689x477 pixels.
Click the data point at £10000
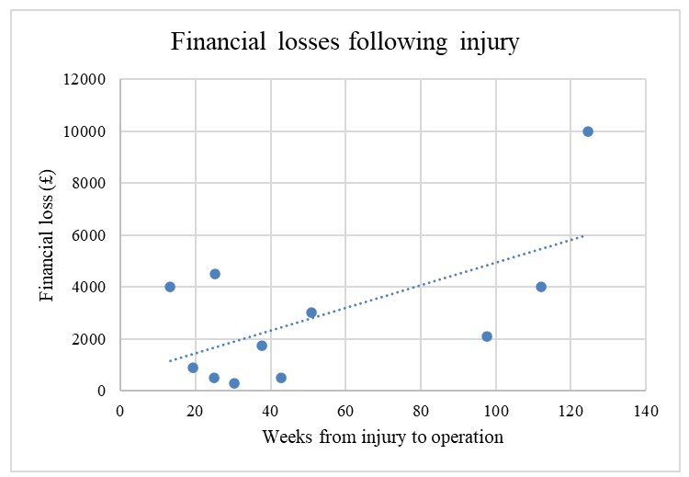click(588, 131)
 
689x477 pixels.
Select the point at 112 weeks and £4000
click(541, 287)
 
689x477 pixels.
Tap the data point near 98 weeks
click(487, 336)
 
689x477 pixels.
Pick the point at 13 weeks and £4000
click(170, 287)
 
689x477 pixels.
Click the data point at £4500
click(215, 274)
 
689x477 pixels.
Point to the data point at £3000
click(311, 312)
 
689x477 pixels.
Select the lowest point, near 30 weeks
click(234, 383)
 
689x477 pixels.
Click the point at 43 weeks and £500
click(281, 378)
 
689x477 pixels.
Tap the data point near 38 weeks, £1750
click(262, 346)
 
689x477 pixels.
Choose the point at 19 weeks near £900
click(193, 368)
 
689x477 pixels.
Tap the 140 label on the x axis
click(646, 411)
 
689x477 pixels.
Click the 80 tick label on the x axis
click(420, 411)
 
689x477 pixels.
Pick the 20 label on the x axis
click(195, 411)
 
